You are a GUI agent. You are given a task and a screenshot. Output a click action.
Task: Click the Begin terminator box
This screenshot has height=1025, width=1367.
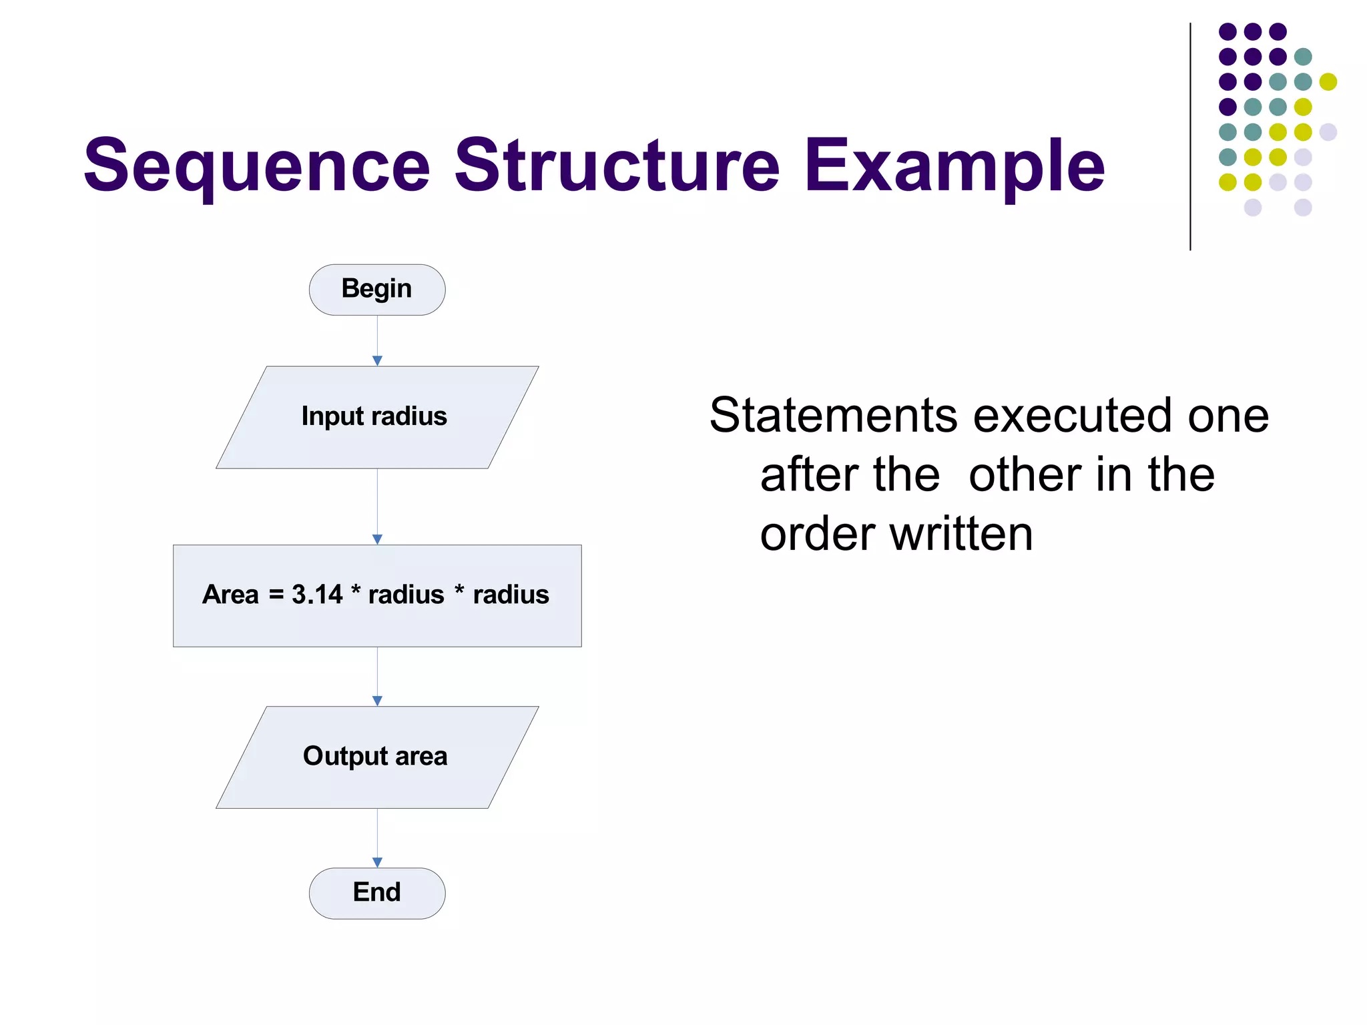tap(377, 290)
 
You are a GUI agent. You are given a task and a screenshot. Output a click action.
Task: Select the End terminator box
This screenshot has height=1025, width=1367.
tap(377, 893)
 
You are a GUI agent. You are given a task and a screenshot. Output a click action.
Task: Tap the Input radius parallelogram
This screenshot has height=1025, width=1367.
tap(377, 417)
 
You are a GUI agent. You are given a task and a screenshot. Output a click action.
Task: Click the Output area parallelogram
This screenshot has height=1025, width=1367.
tap(377, 757)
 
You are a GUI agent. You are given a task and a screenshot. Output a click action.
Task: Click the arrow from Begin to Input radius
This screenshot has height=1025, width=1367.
tap(377, 340)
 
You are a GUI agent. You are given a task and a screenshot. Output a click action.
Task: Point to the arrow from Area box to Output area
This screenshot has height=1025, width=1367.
tap(377, 675)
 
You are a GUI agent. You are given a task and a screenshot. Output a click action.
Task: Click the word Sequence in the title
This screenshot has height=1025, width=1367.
tap(257, 165)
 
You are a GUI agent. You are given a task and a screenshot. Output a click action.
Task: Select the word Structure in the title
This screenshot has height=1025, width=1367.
tap(617, 165)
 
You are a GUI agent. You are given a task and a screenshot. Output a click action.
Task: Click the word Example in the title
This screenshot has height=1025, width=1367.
tap(954, 165)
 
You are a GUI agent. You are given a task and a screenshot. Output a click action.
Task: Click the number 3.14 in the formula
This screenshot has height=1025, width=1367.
tap(317, 595)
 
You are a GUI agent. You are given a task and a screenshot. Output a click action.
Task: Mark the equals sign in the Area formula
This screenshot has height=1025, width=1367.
tap(276, 595)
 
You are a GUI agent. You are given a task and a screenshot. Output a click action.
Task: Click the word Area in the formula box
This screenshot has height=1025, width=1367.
tap(230, 595)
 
